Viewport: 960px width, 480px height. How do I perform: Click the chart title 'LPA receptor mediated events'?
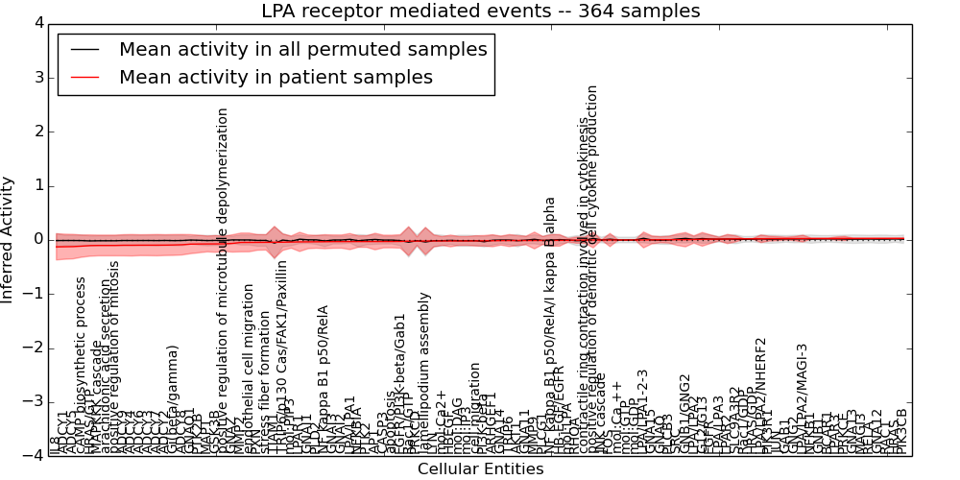click(x=480, y=12)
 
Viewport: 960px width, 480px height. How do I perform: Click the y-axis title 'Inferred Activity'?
click(x=9, y=239)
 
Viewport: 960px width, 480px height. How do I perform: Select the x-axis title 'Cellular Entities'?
click(x=480, y=469)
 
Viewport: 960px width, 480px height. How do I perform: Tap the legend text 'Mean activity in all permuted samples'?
click(x=303, y=49)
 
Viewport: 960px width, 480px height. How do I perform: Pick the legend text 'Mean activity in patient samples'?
click(x=276, y=77)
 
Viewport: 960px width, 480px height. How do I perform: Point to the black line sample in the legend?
click(x=85, y=49)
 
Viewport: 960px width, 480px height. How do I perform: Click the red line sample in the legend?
click(x=85, y=77)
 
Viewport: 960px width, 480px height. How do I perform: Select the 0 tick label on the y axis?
click(x=38, y=239)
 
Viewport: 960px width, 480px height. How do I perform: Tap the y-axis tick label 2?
click(x=38, y=132)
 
